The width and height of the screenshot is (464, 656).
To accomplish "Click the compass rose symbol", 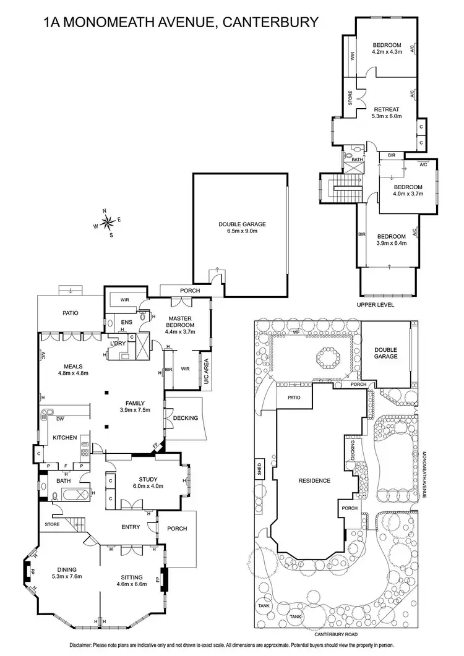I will click(108, 222).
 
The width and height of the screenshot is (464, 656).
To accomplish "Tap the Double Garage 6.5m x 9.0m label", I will click(242, 228).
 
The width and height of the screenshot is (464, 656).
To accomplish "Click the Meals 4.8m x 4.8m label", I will click(74, 369).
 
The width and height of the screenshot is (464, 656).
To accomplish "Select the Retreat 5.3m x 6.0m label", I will click(387, 113).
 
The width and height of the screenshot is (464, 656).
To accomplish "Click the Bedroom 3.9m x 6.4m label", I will click(391, 240).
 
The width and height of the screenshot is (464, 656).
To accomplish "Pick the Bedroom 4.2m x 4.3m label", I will click(387, 48).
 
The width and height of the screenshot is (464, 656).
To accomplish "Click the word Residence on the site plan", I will click(314, 480).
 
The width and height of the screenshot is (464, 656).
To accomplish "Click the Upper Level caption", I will click(375, 305).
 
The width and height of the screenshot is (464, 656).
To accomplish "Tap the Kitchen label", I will click(64, 438).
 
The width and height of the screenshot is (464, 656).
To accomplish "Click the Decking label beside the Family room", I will click(186, 418).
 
